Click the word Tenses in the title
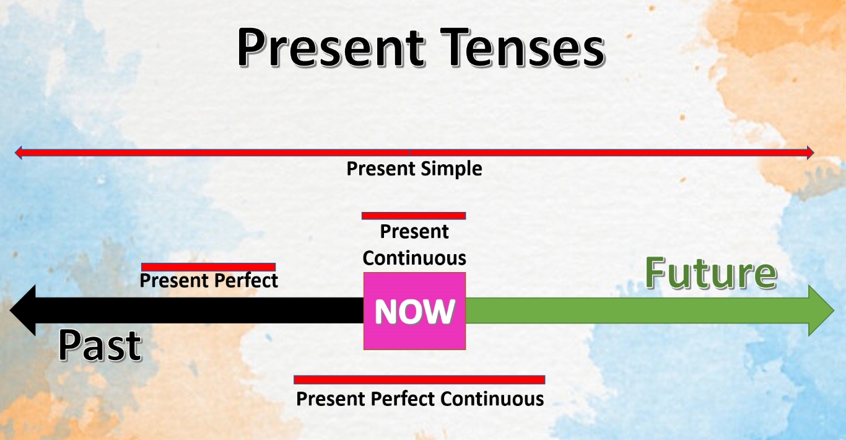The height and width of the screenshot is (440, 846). (x=523, y=48)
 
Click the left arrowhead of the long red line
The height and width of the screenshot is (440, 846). (x=18, y=152)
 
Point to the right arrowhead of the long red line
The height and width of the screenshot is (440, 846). (x=810, y=152)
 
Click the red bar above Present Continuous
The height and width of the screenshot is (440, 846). (x=414, y=216)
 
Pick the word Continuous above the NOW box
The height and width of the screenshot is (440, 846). (x=414, y=258)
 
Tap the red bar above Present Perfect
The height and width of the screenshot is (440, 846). (x=208, y=267)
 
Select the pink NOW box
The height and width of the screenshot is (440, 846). (x=414, y=310)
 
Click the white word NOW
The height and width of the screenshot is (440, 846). (x=415, y=312)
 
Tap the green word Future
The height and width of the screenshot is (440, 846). (x=711, y=273)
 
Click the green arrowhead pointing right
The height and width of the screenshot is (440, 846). (x=821, y=310)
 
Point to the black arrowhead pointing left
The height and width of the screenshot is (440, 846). (x=24, y=310)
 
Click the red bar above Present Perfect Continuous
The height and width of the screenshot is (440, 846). (x=419, y=380)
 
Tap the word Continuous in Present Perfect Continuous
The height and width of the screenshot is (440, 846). (x=492, y=399)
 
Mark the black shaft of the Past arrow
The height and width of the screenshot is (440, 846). (x=199, y=310)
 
